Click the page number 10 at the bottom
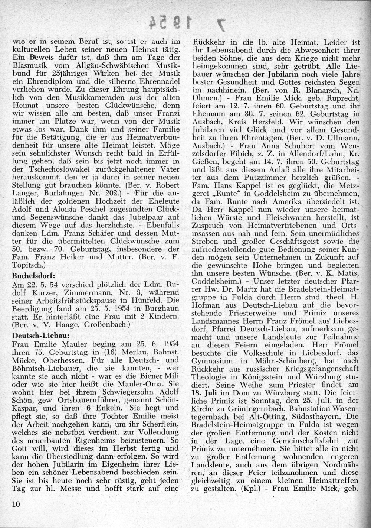coord(15,504)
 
